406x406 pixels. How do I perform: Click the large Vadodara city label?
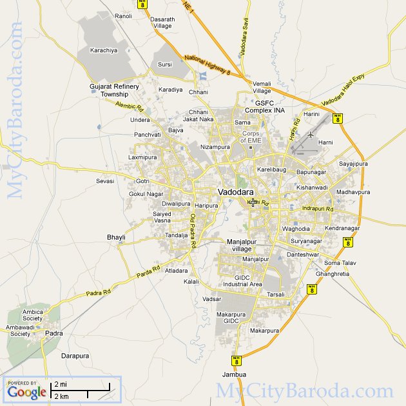click(x=235, y=192)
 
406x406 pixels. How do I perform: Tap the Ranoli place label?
click(x=122, y=16)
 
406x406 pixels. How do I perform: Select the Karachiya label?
click(x=104, y=50)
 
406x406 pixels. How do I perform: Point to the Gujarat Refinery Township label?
click(x=114, y=90)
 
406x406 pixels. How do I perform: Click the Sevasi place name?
click(x=105, y=181)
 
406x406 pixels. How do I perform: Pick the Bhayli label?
click(x=116, y=237)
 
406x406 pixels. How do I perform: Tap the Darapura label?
click(x=75, y=355)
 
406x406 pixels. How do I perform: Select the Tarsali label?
click(x=275, y=294)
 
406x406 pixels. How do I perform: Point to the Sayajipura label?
click(x=353, y=164)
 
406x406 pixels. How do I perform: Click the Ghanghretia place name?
click(x=333, y=274)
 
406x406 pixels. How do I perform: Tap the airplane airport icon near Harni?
click(x=311, y=135)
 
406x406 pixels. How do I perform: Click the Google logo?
click(x=27, y=391)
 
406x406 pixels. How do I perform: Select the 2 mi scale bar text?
click(x=61, y=385)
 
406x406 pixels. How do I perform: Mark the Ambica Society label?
click(x=33, y=315)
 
